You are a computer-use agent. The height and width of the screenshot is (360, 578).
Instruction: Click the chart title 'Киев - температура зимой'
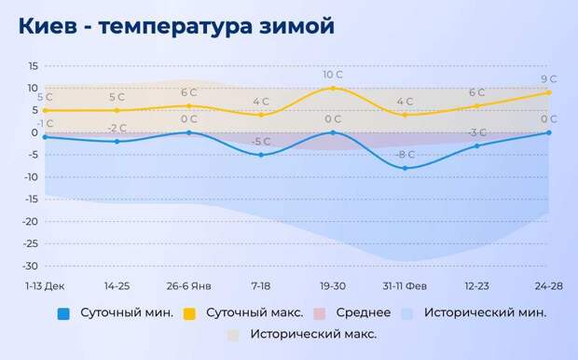tap(176, 26)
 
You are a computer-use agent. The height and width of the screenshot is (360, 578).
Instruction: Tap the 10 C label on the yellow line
tap(334, 75)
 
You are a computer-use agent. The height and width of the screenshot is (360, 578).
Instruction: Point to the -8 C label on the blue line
tap(405, 155)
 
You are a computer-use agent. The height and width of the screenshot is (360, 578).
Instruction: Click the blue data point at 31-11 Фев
tap(405, 168)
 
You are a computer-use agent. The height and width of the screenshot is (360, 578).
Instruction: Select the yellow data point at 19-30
tap(333, 88)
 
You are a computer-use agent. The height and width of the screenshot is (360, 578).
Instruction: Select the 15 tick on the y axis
tap(33, 66)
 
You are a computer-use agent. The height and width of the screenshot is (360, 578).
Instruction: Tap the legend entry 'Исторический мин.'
tap(485, 312)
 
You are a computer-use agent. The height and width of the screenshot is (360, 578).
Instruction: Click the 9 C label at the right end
tap(548, 79)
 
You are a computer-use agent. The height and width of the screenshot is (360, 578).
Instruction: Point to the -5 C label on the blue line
tap(261, 142)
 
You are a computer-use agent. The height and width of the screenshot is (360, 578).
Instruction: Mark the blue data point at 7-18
tap(261, 155)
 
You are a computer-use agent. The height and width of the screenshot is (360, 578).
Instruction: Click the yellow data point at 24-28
tap(549, 92)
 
